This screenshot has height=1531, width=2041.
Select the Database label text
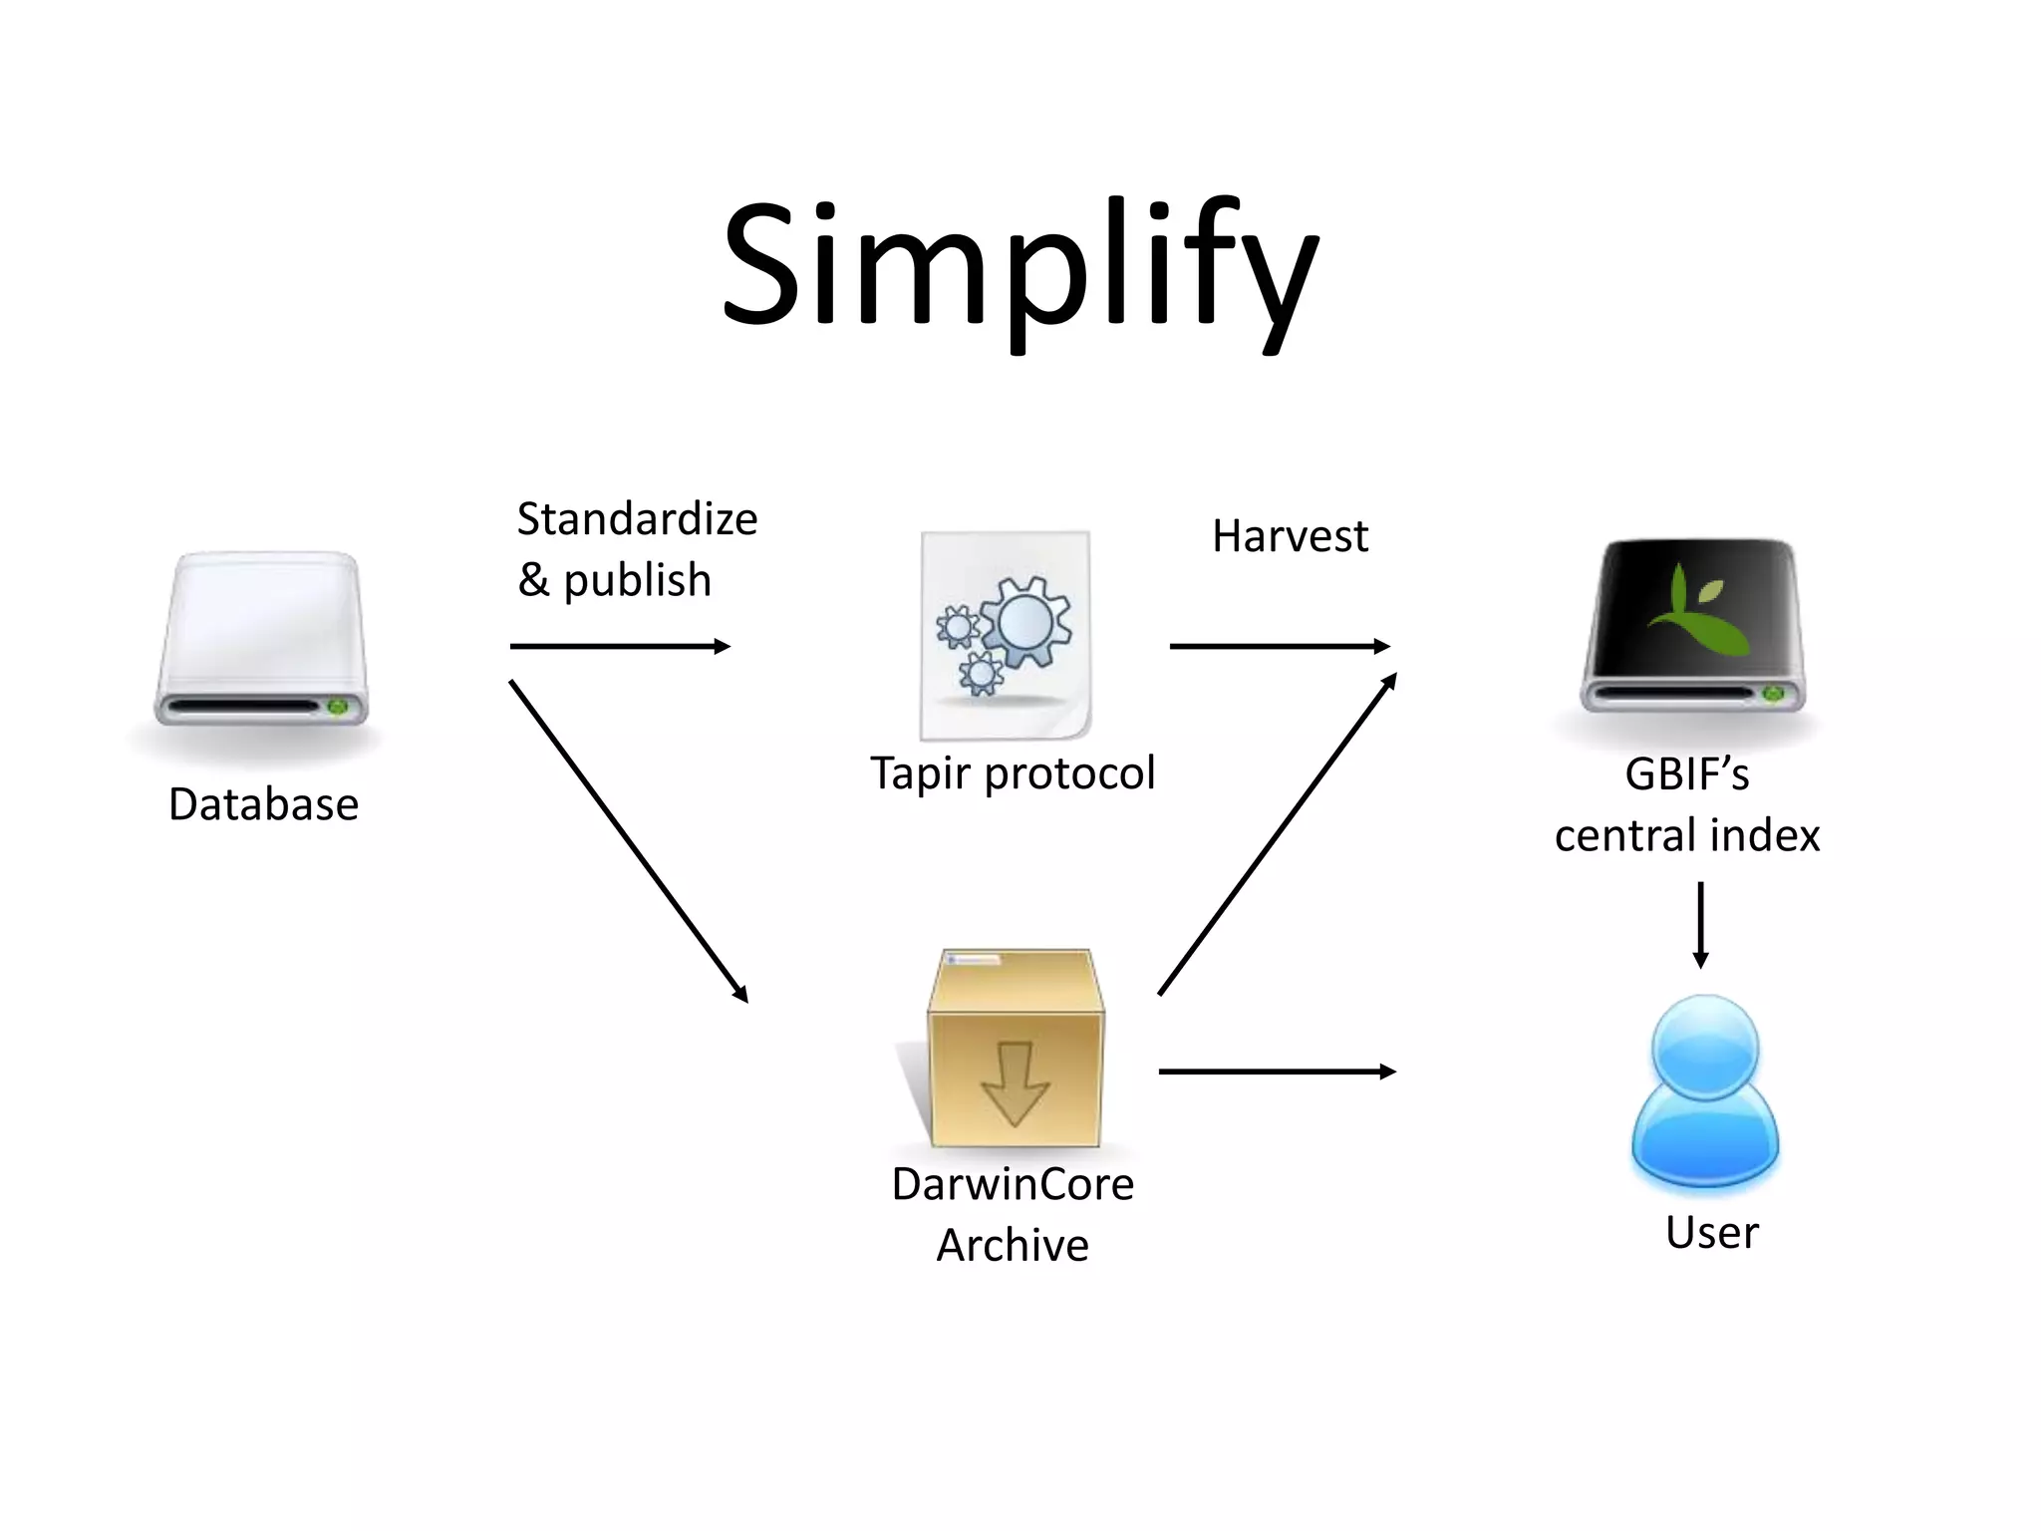tap(263, 804)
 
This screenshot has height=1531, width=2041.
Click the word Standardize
tap(637, 519)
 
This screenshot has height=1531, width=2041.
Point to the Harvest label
tap(1290, 536)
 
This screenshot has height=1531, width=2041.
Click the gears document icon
tap(1005, 636)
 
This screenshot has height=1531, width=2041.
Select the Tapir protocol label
tap(1013, 773)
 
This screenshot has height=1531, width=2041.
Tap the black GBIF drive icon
tap(1693, 626)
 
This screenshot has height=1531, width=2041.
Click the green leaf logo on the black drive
tap(1696, 609)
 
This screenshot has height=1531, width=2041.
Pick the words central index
tap(1687, 835)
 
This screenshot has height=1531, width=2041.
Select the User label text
tap(1711, 1233)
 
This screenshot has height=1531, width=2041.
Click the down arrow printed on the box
tap(1015, 1083)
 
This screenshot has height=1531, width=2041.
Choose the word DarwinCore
tap(1013, 1184)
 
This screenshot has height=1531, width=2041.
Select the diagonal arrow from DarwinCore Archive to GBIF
tap(1277, 834)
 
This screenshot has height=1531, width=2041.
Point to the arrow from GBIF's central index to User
tap(1700, 924)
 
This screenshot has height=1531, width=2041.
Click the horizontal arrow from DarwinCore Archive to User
tap(1277, 1072)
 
